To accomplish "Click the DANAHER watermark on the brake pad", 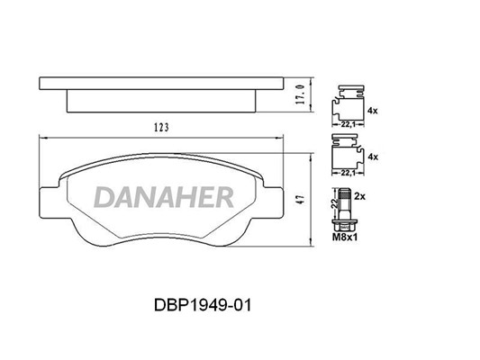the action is (x=164, y=197).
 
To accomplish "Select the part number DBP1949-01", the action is (x=203, y=305).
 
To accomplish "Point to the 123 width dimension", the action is (x=161, y=128).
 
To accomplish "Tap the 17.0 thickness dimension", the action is (x=301, y=94).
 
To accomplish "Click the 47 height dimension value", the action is (x=301, y=200).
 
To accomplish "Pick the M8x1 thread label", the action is (x=345, y=237).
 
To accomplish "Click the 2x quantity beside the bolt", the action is (x=360, y=196).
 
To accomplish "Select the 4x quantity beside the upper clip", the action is (x=373, y=111).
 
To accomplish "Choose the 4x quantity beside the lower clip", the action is (x=373, y=157).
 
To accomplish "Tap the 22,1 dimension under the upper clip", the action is (x=348, y=124).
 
